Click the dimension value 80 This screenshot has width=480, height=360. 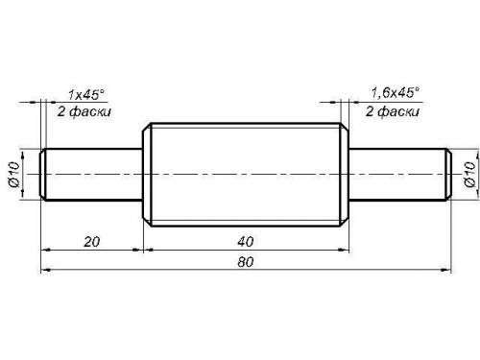click(246, 262)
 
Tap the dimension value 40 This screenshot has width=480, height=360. click(246, 242)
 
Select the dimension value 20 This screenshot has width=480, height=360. click(92, 242)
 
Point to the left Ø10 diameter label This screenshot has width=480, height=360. click(14, 174)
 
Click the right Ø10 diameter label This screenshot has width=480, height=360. click(469, 174)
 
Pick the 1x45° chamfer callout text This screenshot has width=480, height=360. click(86, 94)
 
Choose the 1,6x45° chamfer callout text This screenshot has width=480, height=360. click(395, 92)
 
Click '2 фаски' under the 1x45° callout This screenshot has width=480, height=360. click(84, 111)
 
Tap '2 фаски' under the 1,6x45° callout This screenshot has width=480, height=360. click(393, 111)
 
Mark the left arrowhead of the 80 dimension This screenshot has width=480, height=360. click(46, 270)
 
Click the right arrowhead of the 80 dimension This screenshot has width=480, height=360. click(445, 270)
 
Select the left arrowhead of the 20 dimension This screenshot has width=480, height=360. click(46, 250)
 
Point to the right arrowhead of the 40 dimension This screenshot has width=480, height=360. click(344, 250)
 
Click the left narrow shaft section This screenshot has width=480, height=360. click(94, 175)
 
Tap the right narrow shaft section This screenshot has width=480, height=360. click(397, 175)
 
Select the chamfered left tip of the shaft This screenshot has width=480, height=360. click(43, 175)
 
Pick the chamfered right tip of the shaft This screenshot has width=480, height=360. click(448, 175)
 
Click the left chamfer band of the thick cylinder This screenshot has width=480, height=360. click(147, 175)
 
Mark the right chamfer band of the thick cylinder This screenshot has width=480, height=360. click(345, 175)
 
